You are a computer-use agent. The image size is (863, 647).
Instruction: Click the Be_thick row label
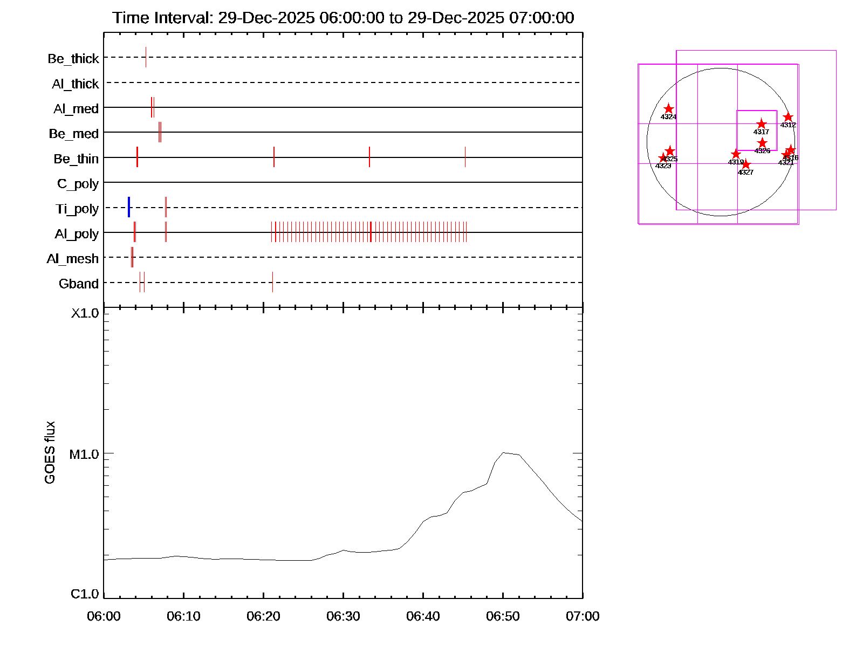pyautogui.click(x=73, y=58)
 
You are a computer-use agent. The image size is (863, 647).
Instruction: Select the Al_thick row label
pyautogui.click(x=76, y=84)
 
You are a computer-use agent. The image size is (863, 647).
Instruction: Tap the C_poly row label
pyautogui.click(x=78, y=184)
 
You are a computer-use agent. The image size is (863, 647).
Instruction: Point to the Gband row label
pyautogui.click(x=79, y=284)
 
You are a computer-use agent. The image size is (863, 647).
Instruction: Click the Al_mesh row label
pyautogui.click(x=73, y=259)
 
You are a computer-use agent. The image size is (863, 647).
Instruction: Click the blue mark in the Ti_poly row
pyautogui.click(x=129, y=208)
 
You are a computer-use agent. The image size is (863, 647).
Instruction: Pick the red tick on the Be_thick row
pyautogui.click(x=146, y=57)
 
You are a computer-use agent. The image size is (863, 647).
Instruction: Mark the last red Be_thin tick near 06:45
pyautogui.click(x=465, y=157)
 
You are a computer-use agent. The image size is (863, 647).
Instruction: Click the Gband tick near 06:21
pyautogui.click(x=272, y=282)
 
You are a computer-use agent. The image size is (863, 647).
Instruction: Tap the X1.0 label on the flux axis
pyautogui.click(x=85, y=313)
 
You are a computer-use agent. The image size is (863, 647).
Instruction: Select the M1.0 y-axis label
pyautogui.click(x=84, y=455)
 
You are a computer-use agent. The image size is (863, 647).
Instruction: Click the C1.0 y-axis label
pyautogui.click(x=85, y=594)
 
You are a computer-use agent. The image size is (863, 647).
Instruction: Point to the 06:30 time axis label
pyautogui.click(x=343, y=616)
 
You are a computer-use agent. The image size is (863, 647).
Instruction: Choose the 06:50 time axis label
pyautogui.click(x=503, y=616)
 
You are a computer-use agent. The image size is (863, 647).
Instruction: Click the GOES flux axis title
pyautogui.click(x=50, y=453)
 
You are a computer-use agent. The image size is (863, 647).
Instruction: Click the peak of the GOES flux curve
pyautogui.click(x=503, y=453)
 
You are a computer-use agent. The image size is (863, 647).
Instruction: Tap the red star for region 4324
pyautogui.click(x=669, y=109)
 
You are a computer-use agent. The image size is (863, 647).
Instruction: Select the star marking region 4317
pyautogui.click(x=761, y=125)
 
